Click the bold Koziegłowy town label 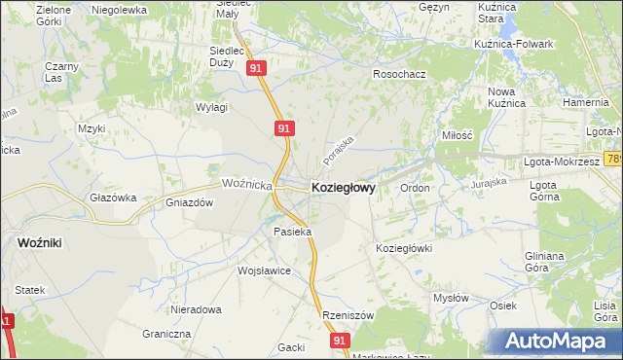[343, 187]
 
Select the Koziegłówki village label [403, 248]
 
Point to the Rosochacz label [400, 74]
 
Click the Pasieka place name [292, 232]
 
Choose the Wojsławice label [264, 270]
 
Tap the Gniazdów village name [190, 203]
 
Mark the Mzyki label [92, 127]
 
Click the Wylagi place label [211, 107]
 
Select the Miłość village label [457, 136]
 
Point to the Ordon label [415, 188]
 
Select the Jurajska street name [490, 182]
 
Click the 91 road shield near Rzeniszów [339, 341]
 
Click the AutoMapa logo [557, 341]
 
